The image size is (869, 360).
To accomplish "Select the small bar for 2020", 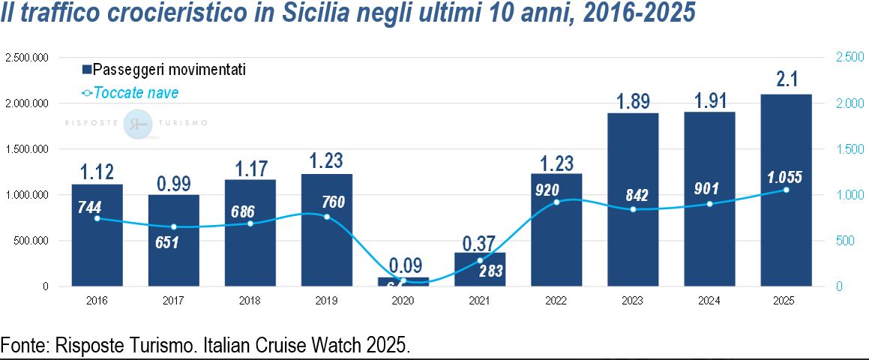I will [x=403, y=282].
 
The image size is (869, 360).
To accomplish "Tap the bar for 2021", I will [x=480, y=269].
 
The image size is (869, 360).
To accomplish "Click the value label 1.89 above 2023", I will [x=633, y=101].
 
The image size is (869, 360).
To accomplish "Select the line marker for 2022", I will [x=556, y=202].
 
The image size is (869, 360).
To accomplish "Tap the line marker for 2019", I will [x=327, y=217].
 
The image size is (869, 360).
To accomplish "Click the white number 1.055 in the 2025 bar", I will [x=785, y=177].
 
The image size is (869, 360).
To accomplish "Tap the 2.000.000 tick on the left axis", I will [x=26, y=103].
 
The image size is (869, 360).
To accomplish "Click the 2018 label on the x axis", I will [x=250, y=301].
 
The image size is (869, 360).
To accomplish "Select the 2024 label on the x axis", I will [x=709, y=301].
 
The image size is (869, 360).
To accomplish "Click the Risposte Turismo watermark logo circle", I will [x=138, y=124].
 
